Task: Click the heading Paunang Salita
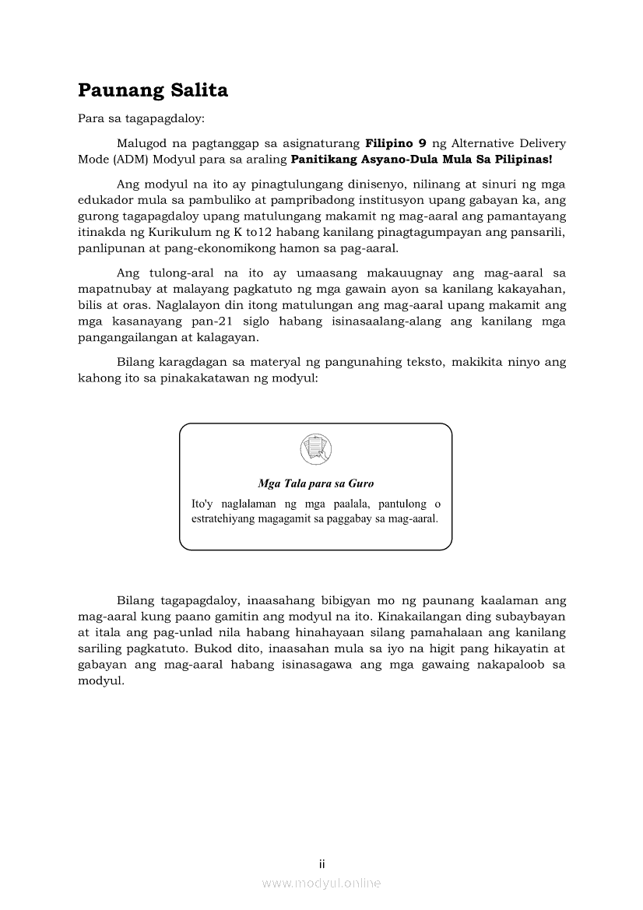(x=153, y=91)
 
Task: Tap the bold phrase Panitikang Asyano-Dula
(x=366, y=159)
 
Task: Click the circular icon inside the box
(x=315, y=449)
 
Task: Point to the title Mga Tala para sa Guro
(x=315, y=483)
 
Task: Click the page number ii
(x=321, y=864)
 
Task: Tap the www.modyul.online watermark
(x=321, y=883)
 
